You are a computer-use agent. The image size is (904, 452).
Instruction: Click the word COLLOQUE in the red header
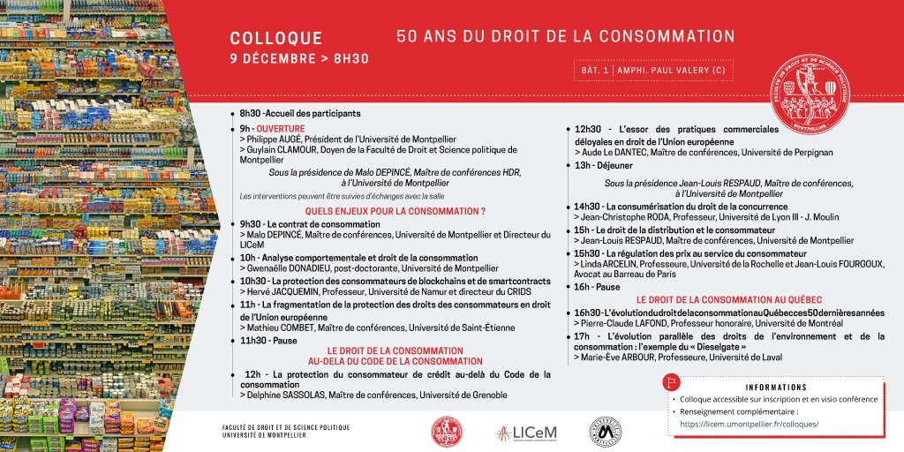pyautogui.click(x=276, y=39)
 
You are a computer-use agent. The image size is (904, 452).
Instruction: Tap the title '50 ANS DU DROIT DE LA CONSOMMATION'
pyautogui.click(x=565, y=37)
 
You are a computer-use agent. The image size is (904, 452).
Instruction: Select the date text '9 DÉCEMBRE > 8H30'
pyautogui.click(x=299, y=59)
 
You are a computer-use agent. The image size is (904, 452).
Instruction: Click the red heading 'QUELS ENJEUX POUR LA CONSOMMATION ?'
pyautogui.click(x=395, y=212)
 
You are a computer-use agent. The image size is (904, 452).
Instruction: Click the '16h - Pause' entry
pyautogui.click(x=597, y=287)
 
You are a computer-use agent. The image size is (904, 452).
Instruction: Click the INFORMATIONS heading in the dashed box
pyautogui.click(x=775, y=388)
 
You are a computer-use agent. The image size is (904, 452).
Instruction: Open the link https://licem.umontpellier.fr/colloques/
pyautogui.click(x=749, y=424)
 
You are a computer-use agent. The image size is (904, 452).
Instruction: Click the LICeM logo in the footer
pyautogui.click(x=526, y=432)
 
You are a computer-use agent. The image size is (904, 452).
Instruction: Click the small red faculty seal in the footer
pyautogui.click(x=446, y=431)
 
